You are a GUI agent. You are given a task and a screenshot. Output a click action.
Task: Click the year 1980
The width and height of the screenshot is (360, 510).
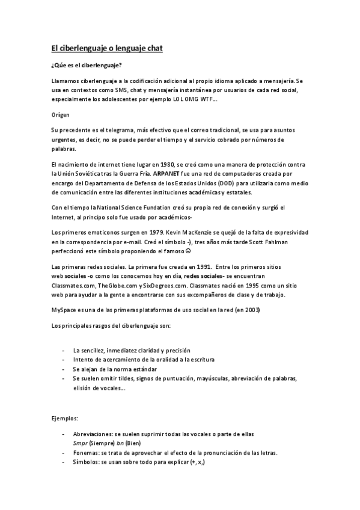166,165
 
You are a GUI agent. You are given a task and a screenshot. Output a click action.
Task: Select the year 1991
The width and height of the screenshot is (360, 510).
203,266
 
